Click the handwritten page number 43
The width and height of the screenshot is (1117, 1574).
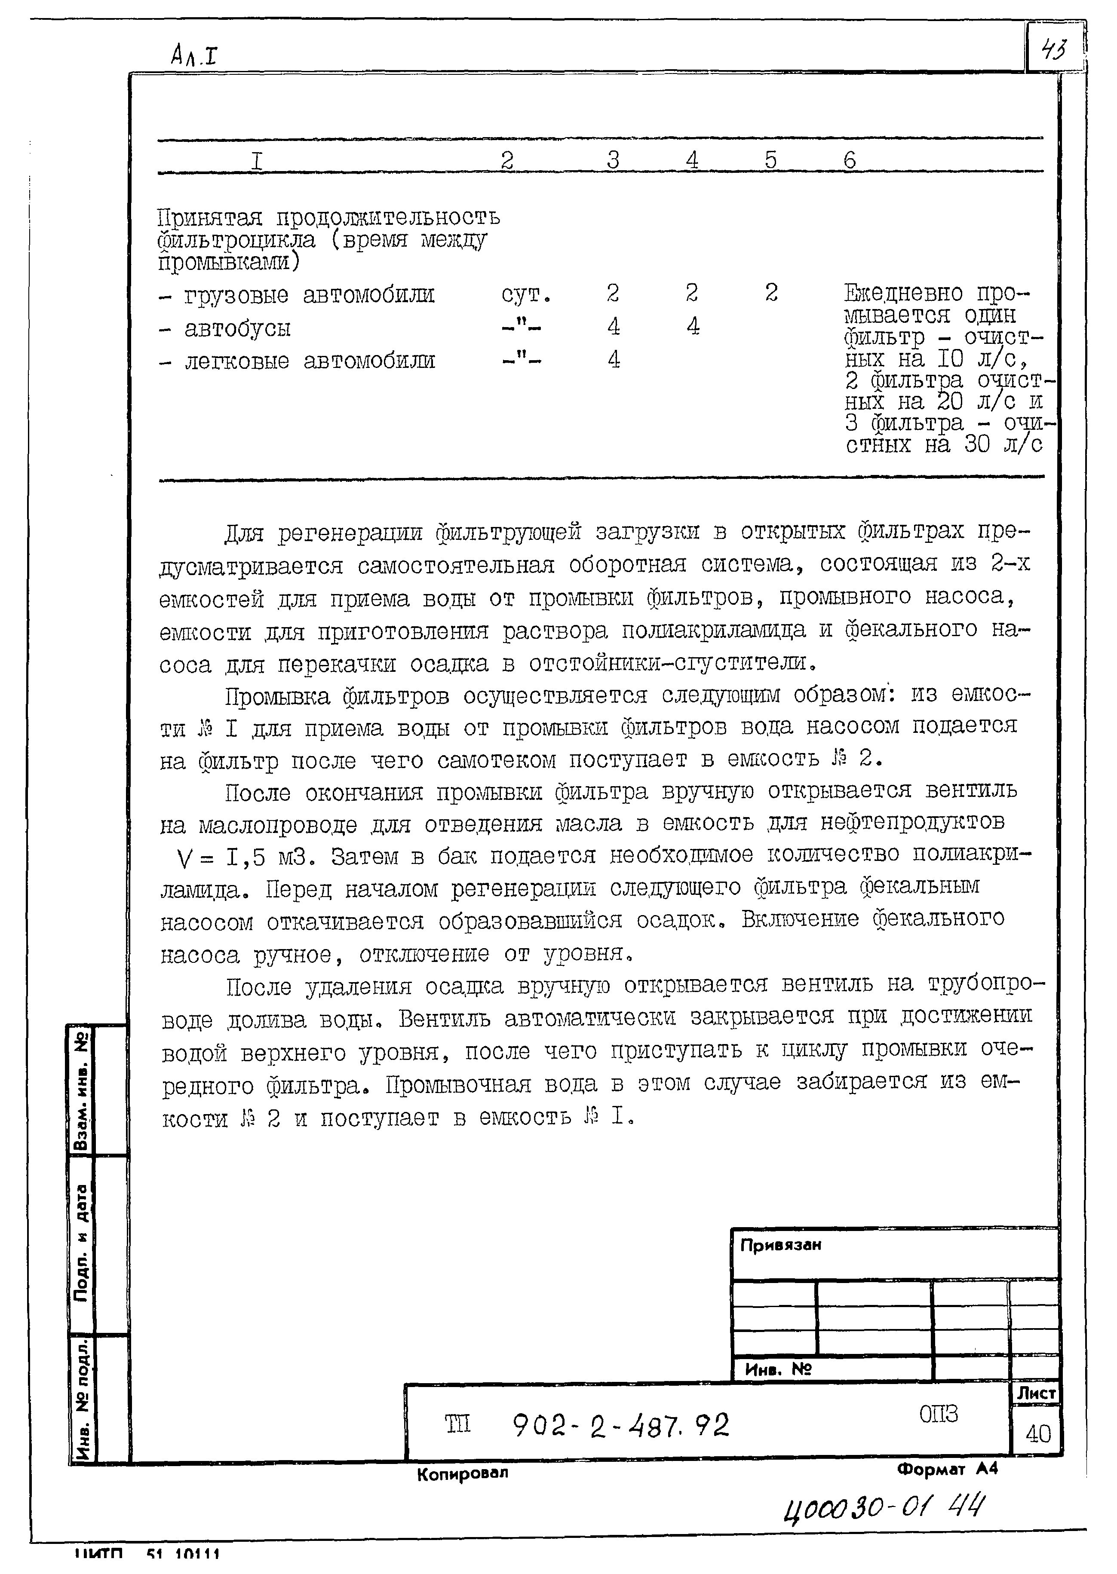(x=1054, y=49)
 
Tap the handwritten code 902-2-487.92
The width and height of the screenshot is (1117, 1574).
(x=620, y=1425)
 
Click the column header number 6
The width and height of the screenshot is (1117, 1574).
(x=850, y=160)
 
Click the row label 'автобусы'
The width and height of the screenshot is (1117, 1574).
(x=237, y=328)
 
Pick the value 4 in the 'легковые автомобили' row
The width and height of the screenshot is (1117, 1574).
(x=614, y=360)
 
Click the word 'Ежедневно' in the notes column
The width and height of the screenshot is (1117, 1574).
(x=903, y=294)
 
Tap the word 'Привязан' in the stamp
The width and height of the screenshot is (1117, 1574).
(x=781, y=1245)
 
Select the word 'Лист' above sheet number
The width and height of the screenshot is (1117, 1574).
(x=1036, y=1393)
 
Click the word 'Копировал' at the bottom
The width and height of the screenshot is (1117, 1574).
(x=462, y=1473)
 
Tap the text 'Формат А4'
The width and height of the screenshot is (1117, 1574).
(x=946, y=1470)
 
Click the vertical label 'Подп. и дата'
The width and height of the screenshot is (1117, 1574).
(x=81, y=1243)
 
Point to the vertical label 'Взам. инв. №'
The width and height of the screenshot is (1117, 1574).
(x=81, y=1091)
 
